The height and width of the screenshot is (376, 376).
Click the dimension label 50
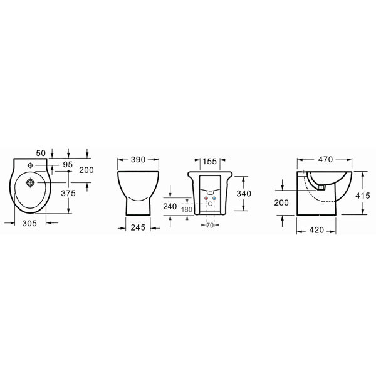[x=41, y=153]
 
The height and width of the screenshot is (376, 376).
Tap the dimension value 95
[x=68, y=164]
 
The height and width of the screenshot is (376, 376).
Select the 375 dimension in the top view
[x=68, y=193]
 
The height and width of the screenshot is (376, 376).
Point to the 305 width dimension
[x=29, y=223]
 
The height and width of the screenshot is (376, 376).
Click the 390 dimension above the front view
[x=138, y=159]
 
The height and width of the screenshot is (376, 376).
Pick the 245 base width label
[x=138, y=227]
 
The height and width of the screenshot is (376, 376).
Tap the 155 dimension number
[x=209, y=162]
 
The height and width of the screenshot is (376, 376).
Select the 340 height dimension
[x=244, y=193]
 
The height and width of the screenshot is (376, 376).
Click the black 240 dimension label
[x=170, y=206]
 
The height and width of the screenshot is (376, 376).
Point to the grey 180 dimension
[x=187, y=209]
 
